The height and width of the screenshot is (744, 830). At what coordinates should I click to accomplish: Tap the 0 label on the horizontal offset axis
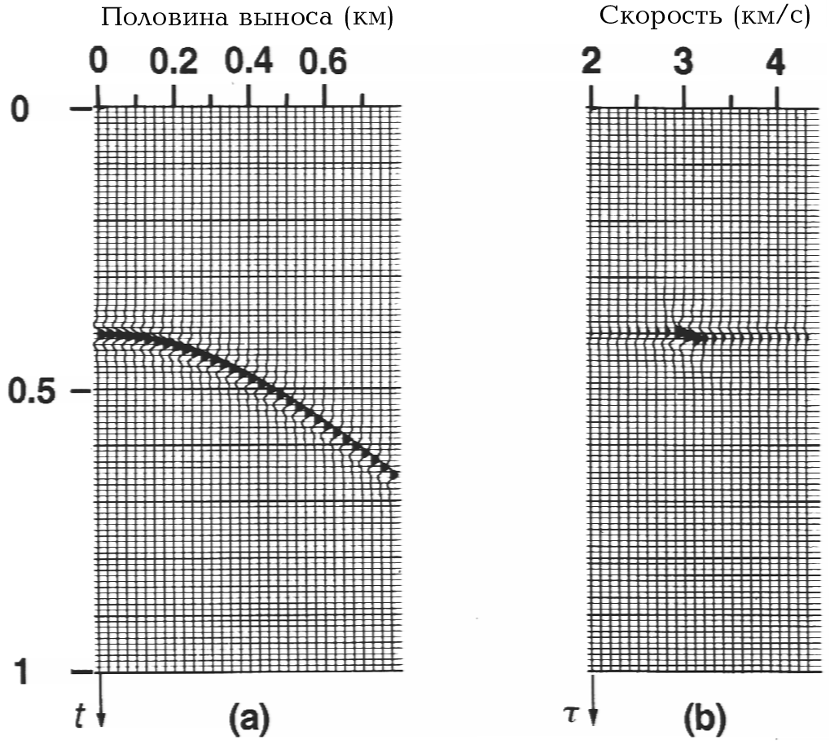click(99, 61)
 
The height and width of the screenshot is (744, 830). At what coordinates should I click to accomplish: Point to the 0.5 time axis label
click(35, 390)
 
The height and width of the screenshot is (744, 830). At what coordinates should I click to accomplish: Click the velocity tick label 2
click(591, 61)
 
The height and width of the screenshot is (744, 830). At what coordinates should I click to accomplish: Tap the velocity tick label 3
click(683, 61)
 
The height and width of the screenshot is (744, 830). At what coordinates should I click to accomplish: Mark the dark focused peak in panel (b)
click(690, 335)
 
